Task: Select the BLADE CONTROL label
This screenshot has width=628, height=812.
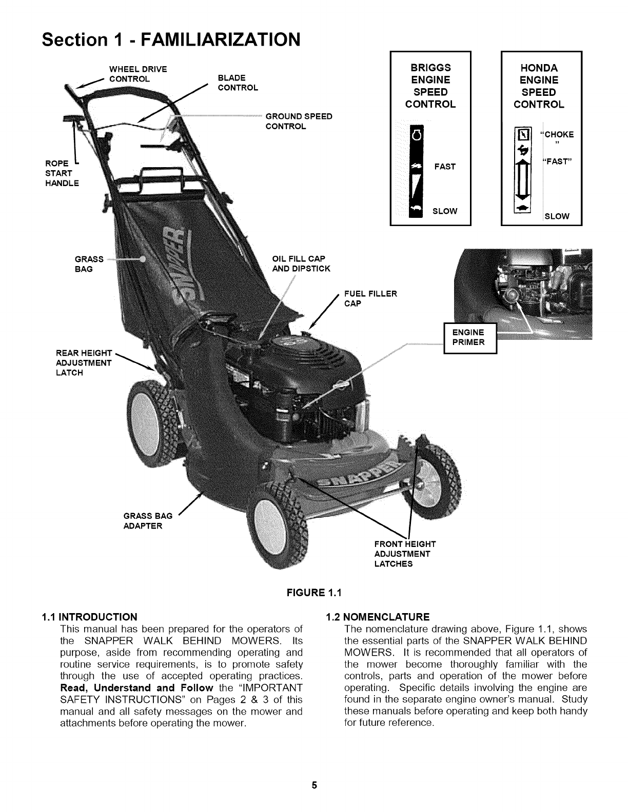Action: [238, 83]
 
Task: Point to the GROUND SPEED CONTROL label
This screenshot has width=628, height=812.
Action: [299, 121]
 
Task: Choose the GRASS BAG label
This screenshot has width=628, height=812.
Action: [89, 263]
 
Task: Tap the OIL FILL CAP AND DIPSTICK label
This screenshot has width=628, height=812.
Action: [301, 263]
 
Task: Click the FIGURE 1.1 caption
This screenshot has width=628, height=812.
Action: [314, 593]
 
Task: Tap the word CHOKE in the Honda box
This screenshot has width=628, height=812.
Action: [559, 135]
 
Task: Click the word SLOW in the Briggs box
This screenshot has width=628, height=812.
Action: [445, 211]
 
